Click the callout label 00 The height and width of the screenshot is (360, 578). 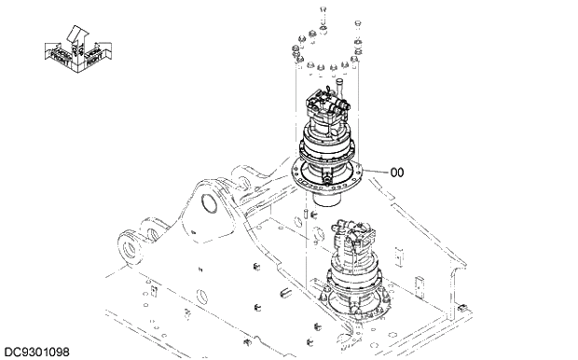pos(397,171)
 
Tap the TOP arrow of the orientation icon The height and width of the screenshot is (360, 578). pos(77,35)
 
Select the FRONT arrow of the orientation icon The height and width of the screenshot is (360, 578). pos(59,54)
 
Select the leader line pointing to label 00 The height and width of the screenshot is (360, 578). pos(376,171)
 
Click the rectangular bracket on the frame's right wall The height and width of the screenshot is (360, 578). pos(421,284)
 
